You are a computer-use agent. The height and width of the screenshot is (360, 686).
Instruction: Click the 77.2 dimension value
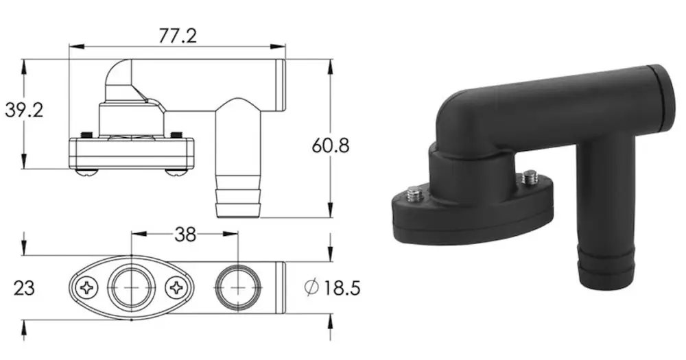pyautogui.click(x=177, y=36)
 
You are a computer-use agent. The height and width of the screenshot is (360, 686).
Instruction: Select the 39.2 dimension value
pyautogui.click(x=24, y=110)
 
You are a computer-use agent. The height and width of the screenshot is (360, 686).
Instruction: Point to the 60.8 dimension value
pyautogui.click(x=331, y=145)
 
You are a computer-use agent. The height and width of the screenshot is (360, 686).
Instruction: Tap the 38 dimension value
pyautogui.click(x=185, y=235)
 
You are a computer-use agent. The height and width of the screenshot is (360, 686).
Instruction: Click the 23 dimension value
pyautogui.click(x=24, y=288)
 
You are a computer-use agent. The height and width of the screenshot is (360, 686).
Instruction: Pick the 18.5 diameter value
pyautogui.click(x=342, y=288)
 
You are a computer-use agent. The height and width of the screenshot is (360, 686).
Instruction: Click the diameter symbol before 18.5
pyautogui.click(x=311, y=287)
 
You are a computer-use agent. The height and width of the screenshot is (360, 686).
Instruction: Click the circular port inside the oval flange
pyautogui.click(x=131, y=288)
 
